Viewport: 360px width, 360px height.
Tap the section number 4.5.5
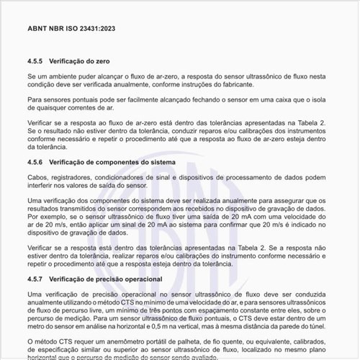click(x=37, y=61)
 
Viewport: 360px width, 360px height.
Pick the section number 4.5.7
click(x=37, y=278)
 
